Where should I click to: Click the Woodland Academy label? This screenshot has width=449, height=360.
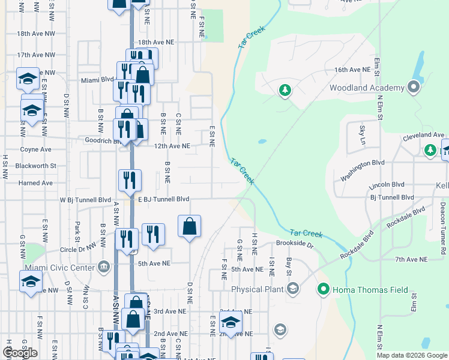[x=367, y=88]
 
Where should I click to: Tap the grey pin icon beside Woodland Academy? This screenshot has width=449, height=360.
[x=413, y=88]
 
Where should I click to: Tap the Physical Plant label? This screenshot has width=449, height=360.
[x=257, y=290]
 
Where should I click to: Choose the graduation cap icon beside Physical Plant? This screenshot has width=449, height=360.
[x=292, y=290]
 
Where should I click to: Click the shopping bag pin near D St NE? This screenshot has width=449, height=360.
[x=189, y=227]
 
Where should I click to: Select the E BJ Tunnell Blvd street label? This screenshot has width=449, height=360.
[x=163, y=199]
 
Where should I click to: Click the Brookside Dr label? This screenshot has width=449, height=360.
[x=295, y=244]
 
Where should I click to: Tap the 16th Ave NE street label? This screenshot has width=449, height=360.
[x=352, y=70]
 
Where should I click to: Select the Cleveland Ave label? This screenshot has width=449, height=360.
[x=422, y=136]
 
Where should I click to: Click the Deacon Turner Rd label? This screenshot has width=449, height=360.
[x=442, y=229]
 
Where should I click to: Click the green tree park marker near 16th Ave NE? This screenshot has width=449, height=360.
[x=285, y=91]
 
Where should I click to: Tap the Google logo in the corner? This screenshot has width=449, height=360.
[x=20, y=353]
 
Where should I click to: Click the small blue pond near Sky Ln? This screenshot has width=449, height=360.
[x=262, y=142]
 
